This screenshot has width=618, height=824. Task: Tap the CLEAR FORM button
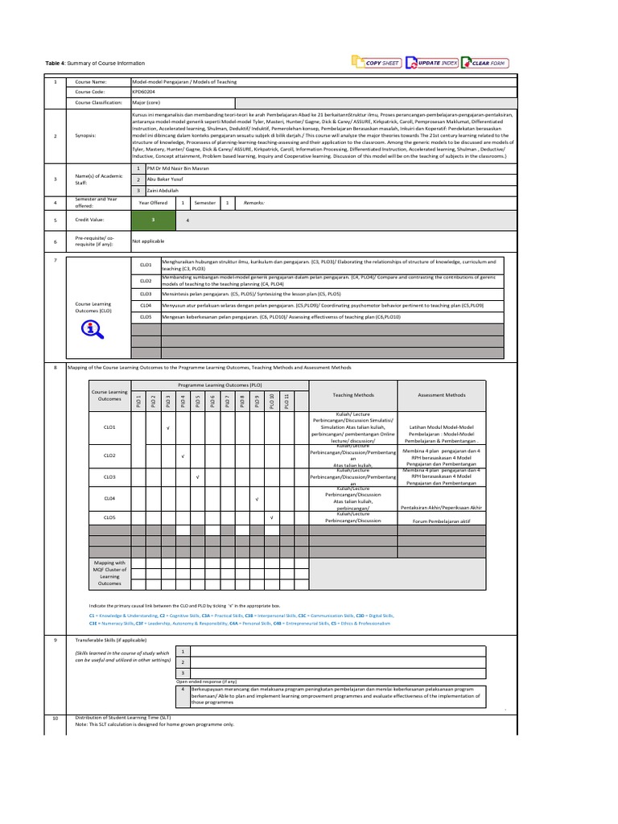pyautogui.click(x=486, y=63)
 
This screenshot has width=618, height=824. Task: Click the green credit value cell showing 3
pyautogui.click(x=153, y=220)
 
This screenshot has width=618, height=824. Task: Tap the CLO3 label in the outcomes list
pyautogui.click(x=146, y=295)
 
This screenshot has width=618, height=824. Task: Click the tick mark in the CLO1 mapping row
pyautogui.click(x=167, y=427)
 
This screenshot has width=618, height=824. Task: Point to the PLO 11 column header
pyautogui.click(x=286, y=400)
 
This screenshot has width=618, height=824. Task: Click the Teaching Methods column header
pyautogui.click(x=352, y=395)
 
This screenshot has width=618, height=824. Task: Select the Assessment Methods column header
pyautogui.click(x=442, y=395)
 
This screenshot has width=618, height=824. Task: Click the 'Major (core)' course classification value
pyautogui.click(x=150, y=103)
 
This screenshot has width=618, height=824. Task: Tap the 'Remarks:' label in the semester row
pyautogui.click(x=255, y=203)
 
